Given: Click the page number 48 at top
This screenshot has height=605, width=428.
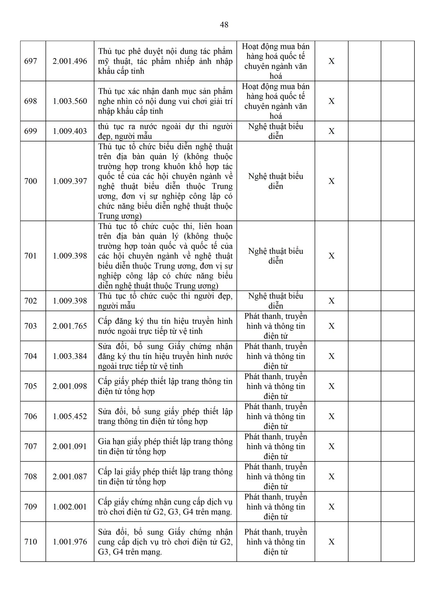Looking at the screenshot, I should pyautogui.click(x=224, y=25).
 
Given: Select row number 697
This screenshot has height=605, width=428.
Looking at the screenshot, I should pyautogui.click(x=31, y=61).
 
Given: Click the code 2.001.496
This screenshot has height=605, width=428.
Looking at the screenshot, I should pyautogui.click(x=70, y=61).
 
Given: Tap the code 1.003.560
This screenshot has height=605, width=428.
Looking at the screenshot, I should pyautogui.click(x=70, y=101).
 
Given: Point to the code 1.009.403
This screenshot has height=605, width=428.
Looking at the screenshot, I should pyautogui.click(x=70, y=131).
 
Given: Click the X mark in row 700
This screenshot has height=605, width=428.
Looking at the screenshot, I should pyautogui.click(x=331, y=181).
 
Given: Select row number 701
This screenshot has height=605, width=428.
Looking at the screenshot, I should pyautogui.click(x=31, y=256).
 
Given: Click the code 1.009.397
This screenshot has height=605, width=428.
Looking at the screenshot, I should pyautogui.click(x=70, y=181).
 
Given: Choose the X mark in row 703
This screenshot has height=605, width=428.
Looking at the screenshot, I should pyautogui.click(x=331, y=326).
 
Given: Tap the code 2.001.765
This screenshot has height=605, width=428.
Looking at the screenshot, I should pyautogui.click(x=70, y=326).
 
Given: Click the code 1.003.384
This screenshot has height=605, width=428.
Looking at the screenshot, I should pyautogui.click(x=70, y=356).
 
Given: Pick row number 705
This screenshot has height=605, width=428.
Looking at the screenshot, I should pyautogui.click(x=31, y=386).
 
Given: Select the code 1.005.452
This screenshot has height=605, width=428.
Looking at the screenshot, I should pyautogui.click(x=70, y=416).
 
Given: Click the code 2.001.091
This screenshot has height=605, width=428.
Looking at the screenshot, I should pyautogui.click(x=70, y=446).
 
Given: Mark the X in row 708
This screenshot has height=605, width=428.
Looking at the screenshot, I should pyautogui.click(x=331, y=476).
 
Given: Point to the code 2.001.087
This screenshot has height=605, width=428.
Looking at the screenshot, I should pyautogui.click(x=70, y=476).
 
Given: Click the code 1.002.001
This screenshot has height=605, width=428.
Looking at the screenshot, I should pyautogui.click(x=70, y=506).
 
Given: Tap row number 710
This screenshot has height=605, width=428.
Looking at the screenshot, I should pyautogui.click(x=31, y=542).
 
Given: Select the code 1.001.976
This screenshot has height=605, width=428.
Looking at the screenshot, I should pyautogui.click(x=70, y=542).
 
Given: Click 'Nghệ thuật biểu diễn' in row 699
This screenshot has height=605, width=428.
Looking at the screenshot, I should pyautogui.click(x=275, y=131).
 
